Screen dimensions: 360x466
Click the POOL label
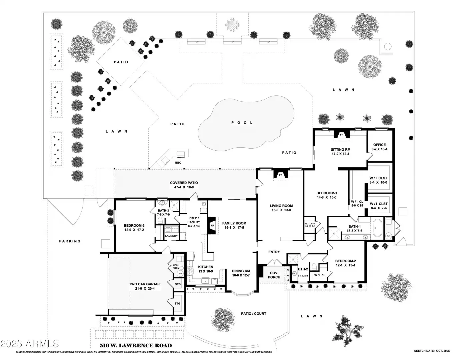click(x=242, y=123)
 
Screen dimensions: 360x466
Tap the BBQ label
click(x=178, y=163)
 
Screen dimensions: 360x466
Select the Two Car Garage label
click(x=145, y=284)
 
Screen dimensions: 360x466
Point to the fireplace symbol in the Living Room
click(x=280, y=175)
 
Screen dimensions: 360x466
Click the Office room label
click(x=379, y=145)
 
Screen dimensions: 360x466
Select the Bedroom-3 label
click(x=133, y=225)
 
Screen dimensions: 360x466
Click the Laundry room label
click(x=171, y=236)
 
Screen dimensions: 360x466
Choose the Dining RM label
click(x=241, y=271)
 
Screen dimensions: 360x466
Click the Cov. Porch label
click(x=274, y=275)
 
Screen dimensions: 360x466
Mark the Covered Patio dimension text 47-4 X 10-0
click(x=184, y=187)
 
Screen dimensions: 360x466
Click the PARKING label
click(x=70, y=241)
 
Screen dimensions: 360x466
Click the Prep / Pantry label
click(x=194, y=220)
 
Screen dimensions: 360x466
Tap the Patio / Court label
click(x=254, y=314)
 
